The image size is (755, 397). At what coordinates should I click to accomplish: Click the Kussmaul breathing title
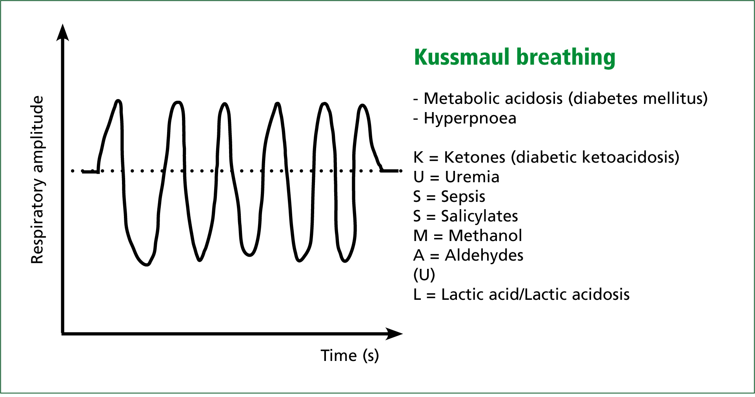(515, 57)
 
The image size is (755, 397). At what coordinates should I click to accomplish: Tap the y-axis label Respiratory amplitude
(37, 179)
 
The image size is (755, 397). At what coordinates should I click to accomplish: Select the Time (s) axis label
(350, 355)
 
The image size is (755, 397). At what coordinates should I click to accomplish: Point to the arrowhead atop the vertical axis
(63, 32)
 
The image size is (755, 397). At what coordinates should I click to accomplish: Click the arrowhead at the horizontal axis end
(394, 334)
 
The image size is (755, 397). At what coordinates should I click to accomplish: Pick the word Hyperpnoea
(470, 118)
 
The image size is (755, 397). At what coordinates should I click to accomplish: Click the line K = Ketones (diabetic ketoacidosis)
(546, 157)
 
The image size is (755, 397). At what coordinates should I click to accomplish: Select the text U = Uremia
(456, 177)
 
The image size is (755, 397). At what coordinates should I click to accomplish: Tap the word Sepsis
(463, 197)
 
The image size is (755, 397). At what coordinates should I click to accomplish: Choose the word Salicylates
(479, 216)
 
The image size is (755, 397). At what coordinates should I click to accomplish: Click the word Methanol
(485, 236)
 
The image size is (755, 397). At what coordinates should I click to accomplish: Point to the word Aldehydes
(484, 255)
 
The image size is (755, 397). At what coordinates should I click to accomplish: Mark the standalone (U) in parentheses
(424, 275)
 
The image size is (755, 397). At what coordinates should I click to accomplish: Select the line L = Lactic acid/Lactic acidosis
(521, 294)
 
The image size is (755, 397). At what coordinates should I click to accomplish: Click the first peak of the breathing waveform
(118, 102)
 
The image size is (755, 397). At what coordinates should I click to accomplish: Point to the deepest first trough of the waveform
(147, 265)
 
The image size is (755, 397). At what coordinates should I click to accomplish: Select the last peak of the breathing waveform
(363, 105)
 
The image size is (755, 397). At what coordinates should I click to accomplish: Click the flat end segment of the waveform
(391, 171)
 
